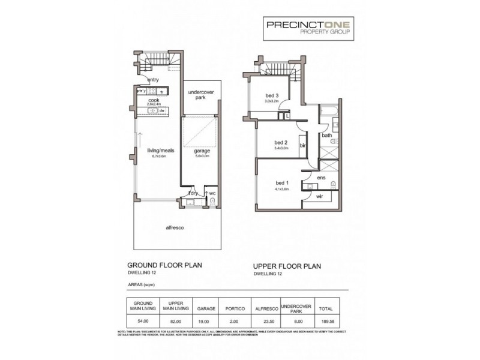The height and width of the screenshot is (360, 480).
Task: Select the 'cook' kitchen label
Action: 154,100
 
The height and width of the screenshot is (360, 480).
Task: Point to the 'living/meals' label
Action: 161,151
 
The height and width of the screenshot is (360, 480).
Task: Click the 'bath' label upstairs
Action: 327,136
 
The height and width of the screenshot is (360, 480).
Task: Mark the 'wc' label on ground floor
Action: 212,193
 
